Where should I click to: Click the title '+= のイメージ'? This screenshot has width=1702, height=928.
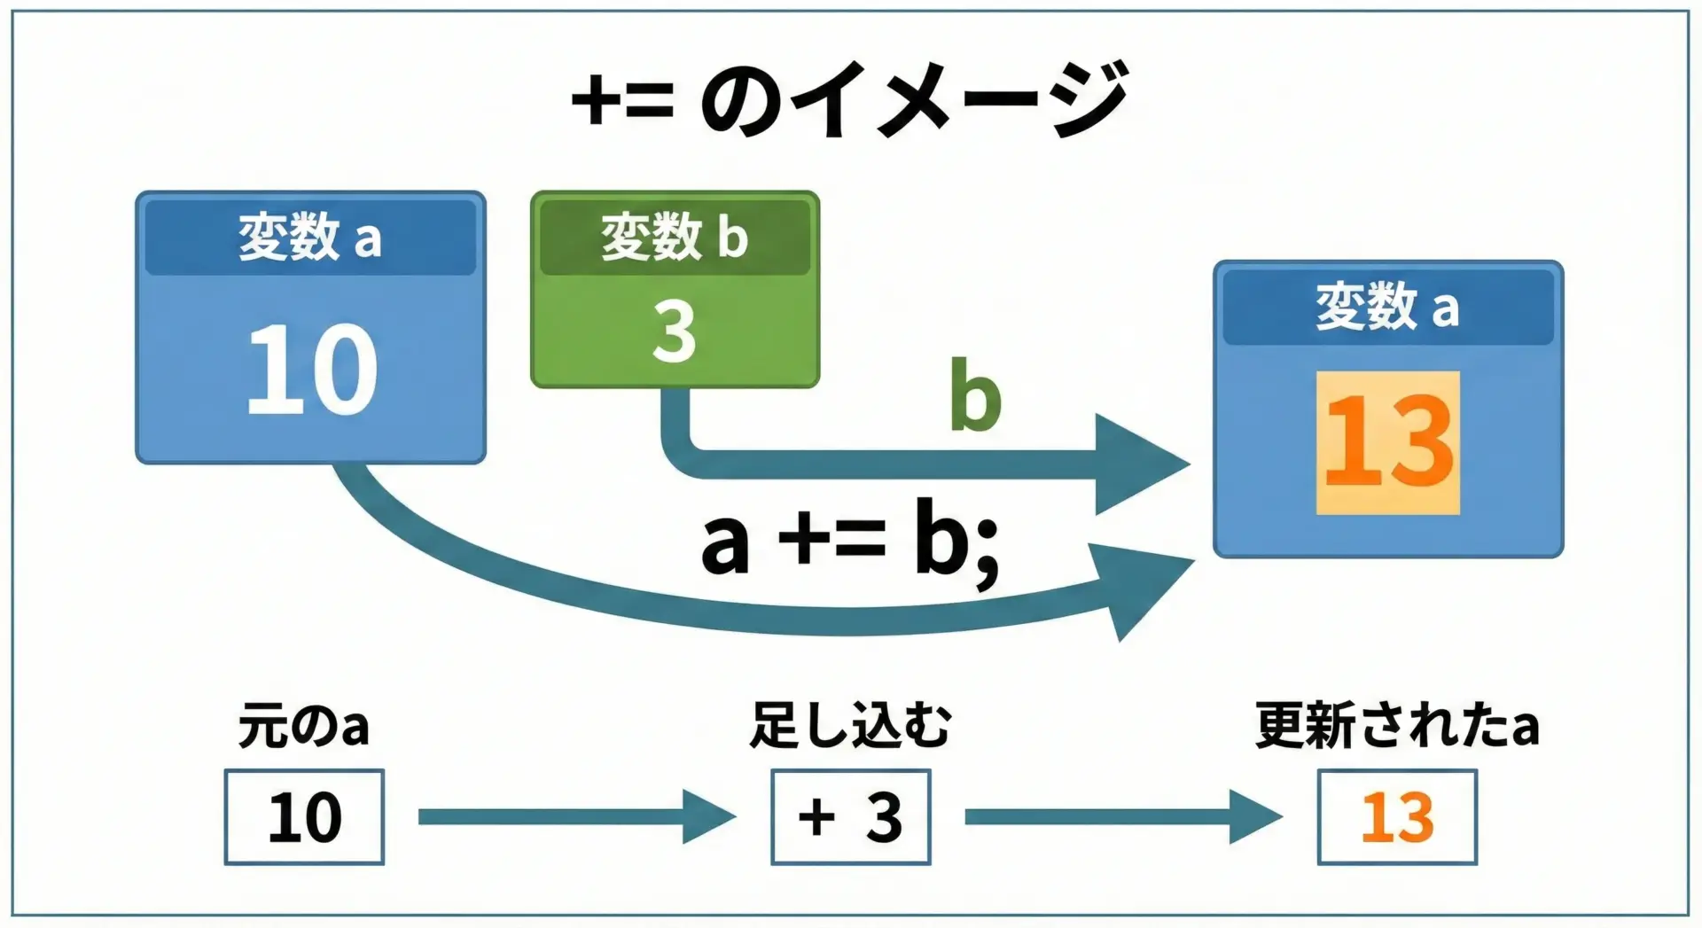(x=849, y=99)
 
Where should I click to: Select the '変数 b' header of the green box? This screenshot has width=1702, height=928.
(x=675, y=238)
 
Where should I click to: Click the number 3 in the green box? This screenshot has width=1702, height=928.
(x=674, y=331)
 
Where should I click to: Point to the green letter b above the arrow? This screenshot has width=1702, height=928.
(x=974, y=396)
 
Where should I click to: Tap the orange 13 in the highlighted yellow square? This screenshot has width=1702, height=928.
(x=1387, y=441)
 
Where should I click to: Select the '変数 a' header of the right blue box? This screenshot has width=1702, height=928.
(x=1387, y=307)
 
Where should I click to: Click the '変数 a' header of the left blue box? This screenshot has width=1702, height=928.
(x=310, y=238)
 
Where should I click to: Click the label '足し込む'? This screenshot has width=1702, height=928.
(x=850, y=725)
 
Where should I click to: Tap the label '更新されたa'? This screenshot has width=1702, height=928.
(x=1396, y=725)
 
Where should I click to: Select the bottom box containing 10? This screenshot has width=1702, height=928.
(x=304, y=816)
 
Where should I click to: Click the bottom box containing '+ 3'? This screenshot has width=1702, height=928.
(x=850, y=816)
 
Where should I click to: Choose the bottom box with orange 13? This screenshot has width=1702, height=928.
(x=1397, y=816)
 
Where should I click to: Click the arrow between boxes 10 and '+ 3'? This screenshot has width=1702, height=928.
(x=576, y=816)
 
